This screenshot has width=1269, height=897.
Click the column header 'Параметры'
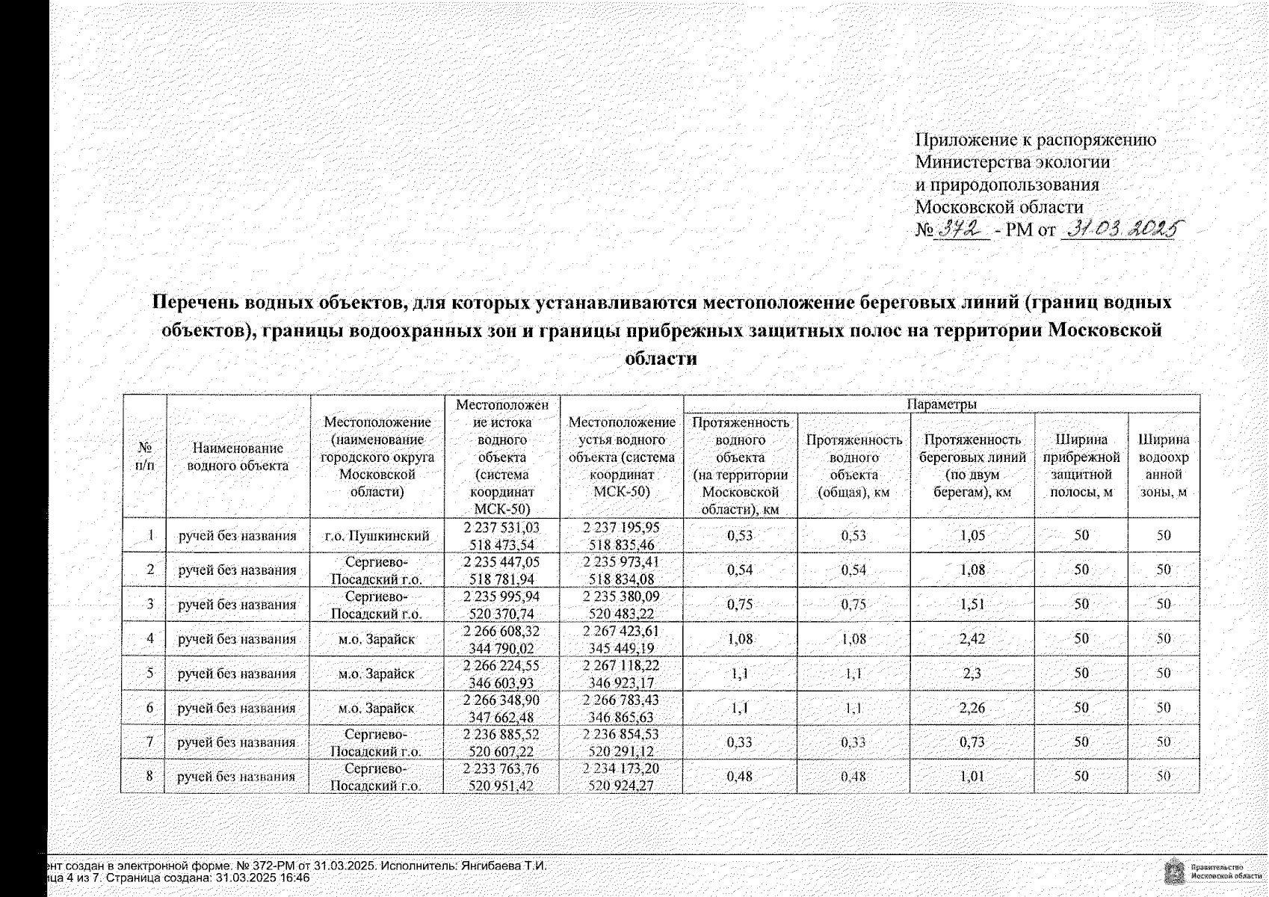(941, 404)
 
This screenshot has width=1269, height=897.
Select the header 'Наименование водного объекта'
(238, 457)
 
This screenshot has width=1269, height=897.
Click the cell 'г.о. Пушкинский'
(377, 536)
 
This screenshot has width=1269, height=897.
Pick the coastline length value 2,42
(972, 639)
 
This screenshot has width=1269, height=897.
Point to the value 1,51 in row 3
(972, 605)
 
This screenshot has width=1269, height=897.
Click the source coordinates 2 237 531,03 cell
(501, 536)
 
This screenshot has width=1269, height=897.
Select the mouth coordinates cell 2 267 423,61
(621, 639)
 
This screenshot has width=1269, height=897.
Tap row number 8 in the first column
(149, 776)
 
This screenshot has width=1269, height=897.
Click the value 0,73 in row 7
(972, 742)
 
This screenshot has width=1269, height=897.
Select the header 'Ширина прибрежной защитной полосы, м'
(1081, 465)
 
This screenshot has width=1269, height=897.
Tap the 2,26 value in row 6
(972, 708)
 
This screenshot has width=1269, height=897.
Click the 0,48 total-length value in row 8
(853, 777)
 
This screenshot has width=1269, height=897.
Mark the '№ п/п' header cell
(145, 456)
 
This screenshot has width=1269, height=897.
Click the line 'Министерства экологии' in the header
(1013, 161)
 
